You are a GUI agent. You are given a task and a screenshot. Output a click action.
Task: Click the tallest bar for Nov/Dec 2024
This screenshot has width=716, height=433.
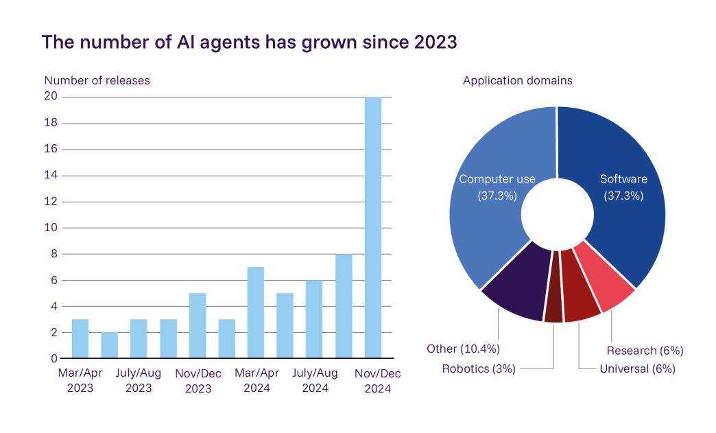tap(373, 226)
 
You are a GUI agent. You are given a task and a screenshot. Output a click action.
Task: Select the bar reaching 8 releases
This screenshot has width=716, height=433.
tap(344, 306)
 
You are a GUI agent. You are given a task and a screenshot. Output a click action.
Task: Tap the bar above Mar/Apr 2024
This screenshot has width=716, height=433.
tap(256, 313)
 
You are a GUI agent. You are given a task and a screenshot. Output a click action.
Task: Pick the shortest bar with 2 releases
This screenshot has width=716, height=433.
tap(110, 345)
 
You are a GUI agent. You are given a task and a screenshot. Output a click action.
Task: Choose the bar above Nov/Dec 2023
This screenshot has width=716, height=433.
tap(198, 326)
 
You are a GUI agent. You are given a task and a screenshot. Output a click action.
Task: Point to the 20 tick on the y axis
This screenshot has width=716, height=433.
tap(51, 97)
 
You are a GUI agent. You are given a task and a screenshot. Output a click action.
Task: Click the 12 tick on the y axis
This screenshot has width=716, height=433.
tap(51, 202)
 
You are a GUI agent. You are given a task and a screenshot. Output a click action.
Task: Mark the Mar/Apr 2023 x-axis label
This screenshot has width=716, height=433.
tap(80, 380)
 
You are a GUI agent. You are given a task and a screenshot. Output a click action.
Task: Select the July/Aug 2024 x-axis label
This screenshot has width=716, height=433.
tap(315, 380)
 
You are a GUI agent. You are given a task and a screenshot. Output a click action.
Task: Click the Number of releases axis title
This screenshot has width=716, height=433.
tap(97, 80)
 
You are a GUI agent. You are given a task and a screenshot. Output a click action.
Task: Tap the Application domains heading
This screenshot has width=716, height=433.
tap(517, 80)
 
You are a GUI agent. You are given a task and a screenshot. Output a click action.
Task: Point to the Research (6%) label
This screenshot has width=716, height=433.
tap(645, 351)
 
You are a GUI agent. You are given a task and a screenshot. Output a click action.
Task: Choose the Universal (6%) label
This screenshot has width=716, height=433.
tap(637, 368)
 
